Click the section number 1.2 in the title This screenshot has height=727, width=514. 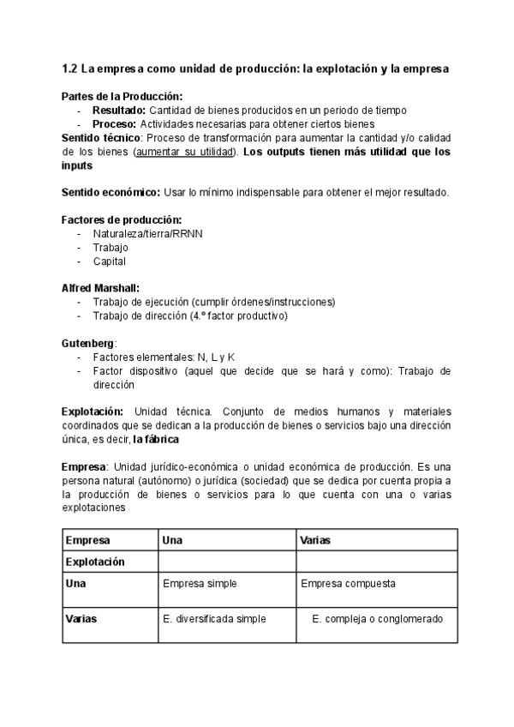[70, 68]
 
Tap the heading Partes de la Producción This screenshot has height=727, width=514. [122, 97]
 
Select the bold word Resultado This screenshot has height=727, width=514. [119, 111]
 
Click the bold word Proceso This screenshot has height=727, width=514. [114, 124]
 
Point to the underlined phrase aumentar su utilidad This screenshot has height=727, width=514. [184, 152]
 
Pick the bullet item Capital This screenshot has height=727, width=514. [109, 261]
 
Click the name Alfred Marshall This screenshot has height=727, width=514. [99, 288]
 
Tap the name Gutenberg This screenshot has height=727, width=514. [87, 343]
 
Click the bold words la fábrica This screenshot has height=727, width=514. [156, 440]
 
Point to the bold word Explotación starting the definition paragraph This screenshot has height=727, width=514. [93, 412]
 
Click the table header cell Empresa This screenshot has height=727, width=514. [87, 540]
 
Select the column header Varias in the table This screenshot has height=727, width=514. [315, 540]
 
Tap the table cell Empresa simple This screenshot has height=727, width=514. [200, 584]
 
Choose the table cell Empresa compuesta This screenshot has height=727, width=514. [348, 584]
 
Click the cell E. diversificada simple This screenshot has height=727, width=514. [214, 618]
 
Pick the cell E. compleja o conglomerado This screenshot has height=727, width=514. [377, 618]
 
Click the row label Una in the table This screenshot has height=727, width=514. [75, 583]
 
